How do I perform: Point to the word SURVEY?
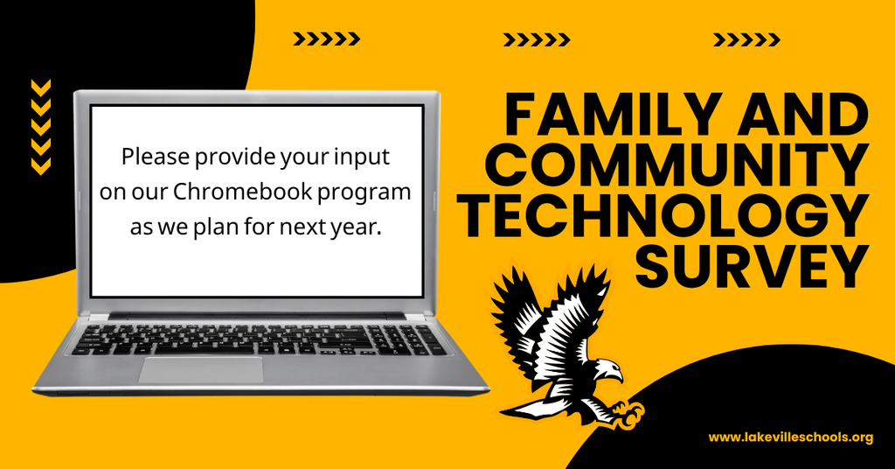751,266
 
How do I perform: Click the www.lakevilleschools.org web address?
790,437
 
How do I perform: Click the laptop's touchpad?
200,368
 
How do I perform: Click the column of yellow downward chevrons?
41,126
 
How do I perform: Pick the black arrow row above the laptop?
326,38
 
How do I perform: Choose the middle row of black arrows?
537,38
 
